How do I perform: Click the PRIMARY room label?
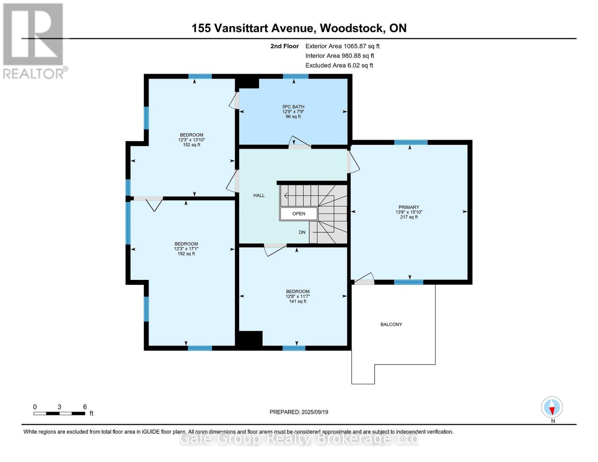pyautogui.click(x=409, y=207)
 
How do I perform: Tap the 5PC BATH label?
pyautogui.click(x=293, y=107)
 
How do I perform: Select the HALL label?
pyautogui.click(x=259, y=195)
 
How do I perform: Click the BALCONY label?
pyautogui.click(x=391, y=324)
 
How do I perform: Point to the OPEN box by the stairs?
pyautogui.click(x=299, y=213)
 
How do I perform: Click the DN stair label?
pyautogui.click(x=302, y=232)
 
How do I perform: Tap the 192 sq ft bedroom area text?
pyautogui.click(x=186, y=254)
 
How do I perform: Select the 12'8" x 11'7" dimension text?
pyautogui.click(x=297, y=296)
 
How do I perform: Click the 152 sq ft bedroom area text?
pyautogui.click(x=191, y=145)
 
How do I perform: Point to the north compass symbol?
pyautogui.click(x=552, y=407)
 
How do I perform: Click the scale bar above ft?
pyautogui.click(x=59, y=413)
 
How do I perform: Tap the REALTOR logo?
pyautogui.click(x=34, y=40)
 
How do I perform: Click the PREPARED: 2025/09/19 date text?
pyautogui.click(x=299, y=412)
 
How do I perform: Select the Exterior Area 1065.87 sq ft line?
pyautogui.click(x=342, y=46)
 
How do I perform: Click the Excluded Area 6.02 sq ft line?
pyautogui.click(x=339, y=65)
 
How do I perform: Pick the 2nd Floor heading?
pyautogui.click(x=284, y=46)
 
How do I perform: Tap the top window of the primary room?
pyautogui.click(x=410, y=142)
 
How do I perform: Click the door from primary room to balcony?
pyautogui.click(x=364, y=280)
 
